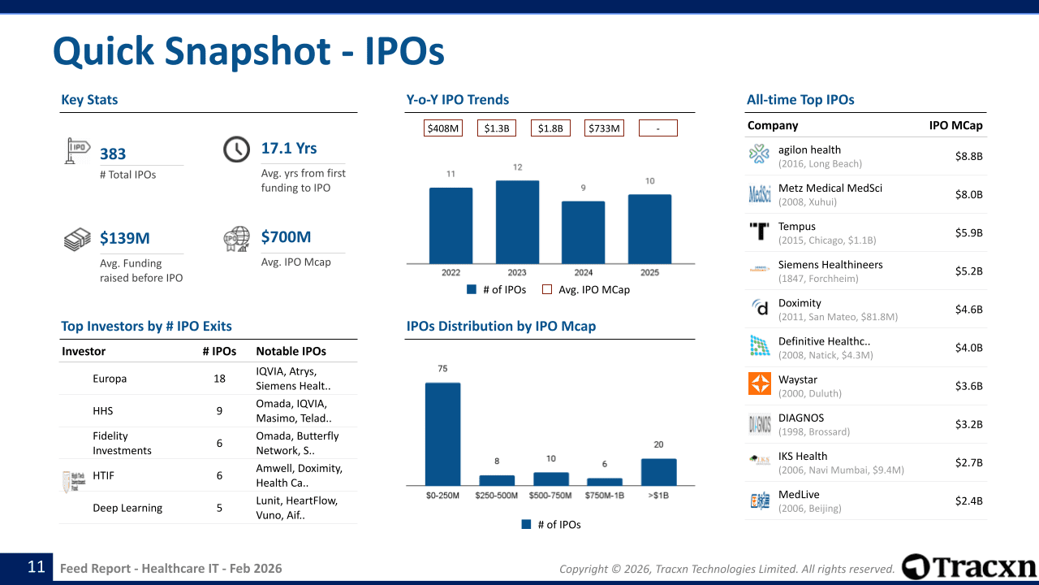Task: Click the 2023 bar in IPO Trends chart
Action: pos(517,222)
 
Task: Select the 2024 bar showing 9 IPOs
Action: pos(583,232)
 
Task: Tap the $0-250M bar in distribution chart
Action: pos(442,434)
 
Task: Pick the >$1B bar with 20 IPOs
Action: pos(658,472)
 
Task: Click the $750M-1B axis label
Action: pos(605,496)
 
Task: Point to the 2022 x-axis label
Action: pos(451,273)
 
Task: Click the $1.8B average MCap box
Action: pos(550,128)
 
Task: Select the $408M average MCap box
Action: pos(443,128)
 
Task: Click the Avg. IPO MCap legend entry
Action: pos(585,289)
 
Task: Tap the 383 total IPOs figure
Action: pos(113,154)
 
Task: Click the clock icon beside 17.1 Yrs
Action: pos(236,149)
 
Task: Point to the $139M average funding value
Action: pos(125,238)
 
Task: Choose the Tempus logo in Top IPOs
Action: pos(760,232)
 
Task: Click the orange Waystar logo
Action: pos(760,383)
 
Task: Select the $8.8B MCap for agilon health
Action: pos(968,156)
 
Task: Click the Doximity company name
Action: pos(800,303)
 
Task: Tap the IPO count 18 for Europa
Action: pos(219,379)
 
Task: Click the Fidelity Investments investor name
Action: pos(122,443)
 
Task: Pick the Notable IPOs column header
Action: pos(291,352)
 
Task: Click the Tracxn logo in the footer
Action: pos(969,566)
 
